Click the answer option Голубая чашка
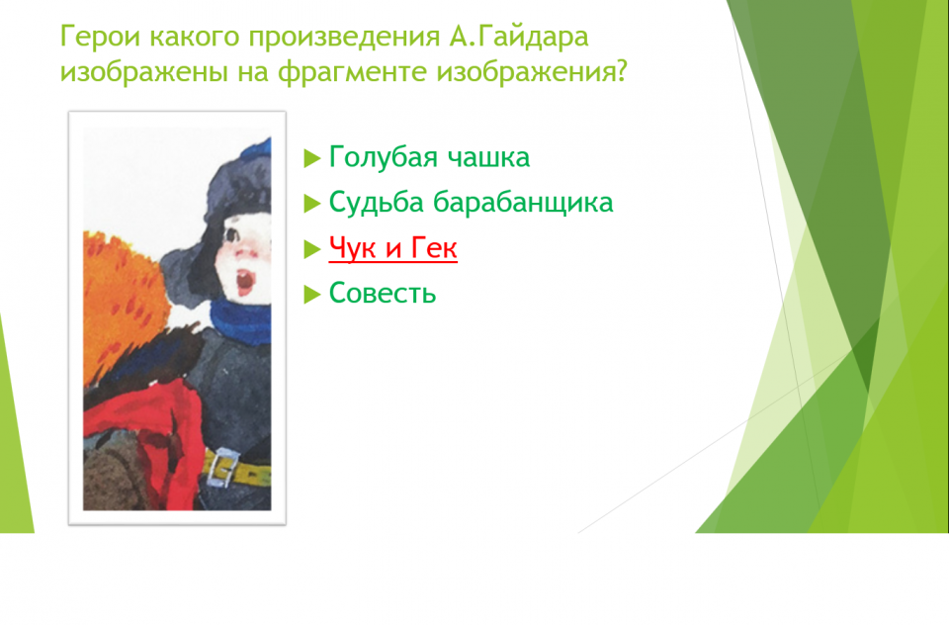429,157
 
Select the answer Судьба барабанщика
471,203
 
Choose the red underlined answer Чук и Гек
392,247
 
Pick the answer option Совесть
382,293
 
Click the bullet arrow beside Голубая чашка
311,158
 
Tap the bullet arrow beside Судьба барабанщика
311,204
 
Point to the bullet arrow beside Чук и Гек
311,249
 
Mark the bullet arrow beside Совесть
311,295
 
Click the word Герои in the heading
101,37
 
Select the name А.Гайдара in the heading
518,37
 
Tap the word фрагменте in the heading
353,72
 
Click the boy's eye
231,234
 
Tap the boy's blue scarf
240,319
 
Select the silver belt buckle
221,468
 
